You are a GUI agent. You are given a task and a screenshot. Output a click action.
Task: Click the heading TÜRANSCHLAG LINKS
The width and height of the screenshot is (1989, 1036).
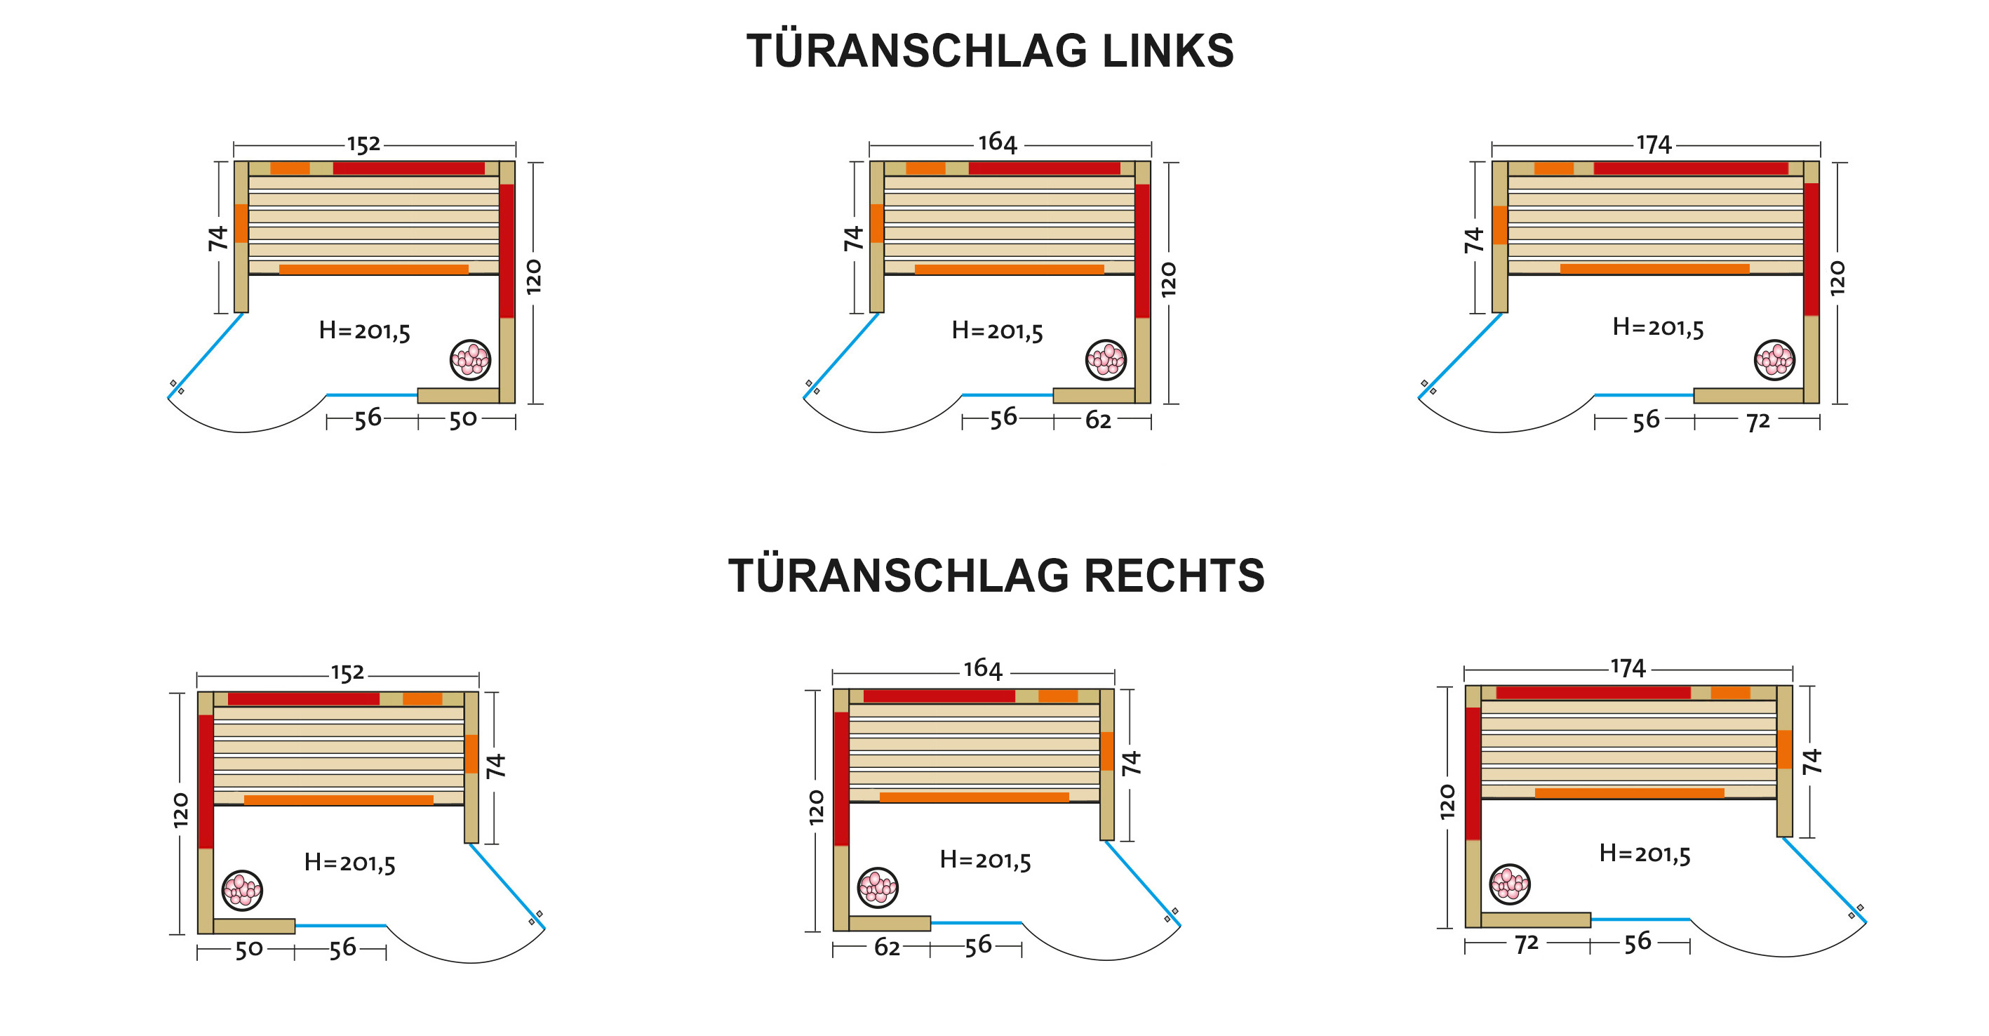click(990, 51)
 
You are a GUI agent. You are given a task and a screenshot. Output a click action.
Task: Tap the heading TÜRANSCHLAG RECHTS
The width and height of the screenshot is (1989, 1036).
click(996, 576)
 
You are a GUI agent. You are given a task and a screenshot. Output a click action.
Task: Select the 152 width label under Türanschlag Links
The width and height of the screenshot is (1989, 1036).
click(363, 145)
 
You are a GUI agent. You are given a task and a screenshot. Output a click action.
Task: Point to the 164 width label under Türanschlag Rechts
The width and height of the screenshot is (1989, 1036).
click(982, 668)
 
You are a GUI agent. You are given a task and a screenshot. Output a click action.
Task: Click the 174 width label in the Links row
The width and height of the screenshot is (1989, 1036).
click(1653, 145)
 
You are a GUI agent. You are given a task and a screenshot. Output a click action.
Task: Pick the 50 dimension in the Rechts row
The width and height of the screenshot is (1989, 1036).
click(248, 950)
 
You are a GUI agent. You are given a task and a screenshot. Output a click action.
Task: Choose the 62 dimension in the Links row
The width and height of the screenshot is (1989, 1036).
click(1098, 420)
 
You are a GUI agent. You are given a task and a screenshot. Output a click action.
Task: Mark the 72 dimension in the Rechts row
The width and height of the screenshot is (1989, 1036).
click(1527, 943)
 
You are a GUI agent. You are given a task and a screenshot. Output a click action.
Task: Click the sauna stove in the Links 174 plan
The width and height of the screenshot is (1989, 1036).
click(1774, 359)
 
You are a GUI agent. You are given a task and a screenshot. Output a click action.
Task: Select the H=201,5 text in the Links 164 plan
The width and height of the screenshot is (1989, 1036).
click(997, 331)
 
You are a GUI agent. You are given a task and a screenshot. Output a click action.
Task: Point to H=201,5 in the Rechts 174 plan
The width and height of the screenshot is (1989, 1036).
click(1645, 854)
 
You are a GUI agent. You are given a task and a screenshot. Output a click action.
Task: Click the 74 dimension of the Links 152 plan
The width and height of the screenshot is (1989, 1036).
click(217, 238)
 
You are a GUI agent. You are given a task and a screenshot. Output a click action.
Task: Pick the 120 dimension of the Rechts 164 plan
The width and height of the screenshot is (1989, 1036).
click(816, 807)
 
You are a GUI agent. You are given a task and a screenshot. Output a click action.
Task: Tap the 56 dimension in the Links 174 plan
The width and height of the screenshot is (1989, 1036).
click(1645, 420)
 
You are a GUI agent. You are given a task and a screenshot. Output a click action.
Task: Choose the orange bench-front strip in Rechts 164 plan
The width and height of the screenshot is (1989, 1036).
click(974, 797)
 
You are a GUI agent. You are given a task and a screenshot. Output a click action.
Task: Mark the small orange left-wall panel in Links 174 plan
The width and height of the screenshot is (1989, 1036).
click(1499, 225)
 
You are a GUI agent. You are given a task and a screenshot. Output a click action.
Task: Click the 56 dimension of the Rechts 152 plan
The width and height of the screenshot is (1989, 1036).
click(343, 948)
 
